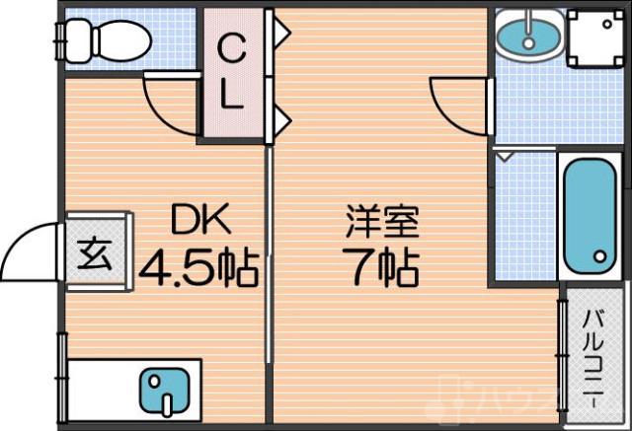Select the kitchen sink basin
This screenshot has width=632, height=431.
click(163, 391)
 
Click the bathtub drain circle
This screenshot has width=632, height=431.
click(599, 257)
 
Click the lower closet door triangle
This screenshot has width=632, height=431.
click(280, 121)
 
